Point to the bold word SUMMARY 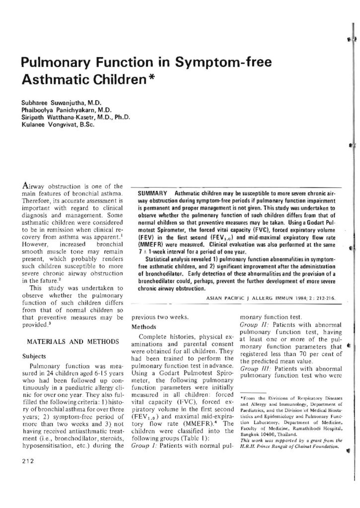pos(151,192)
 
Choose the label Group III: pos(253,369)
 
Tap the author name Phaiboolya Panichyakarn pos(54,109)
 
